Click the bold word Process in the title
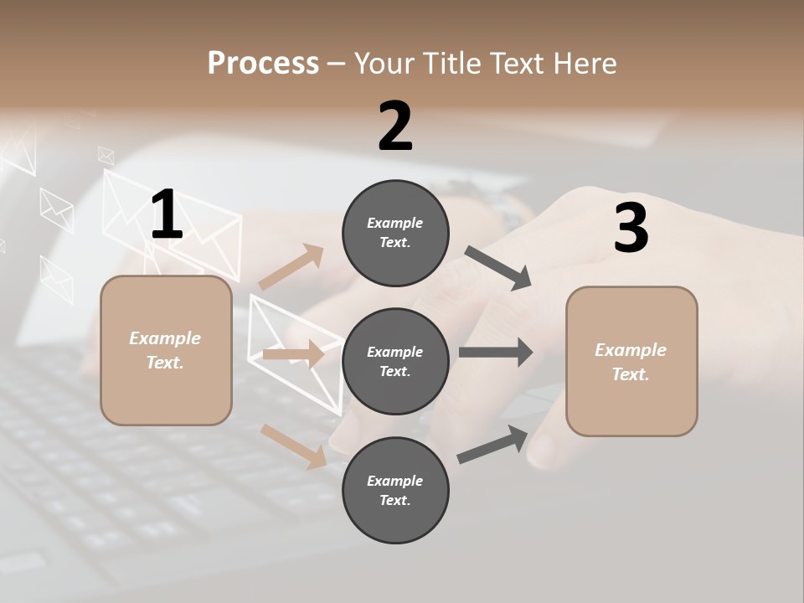click(x=263, y=63)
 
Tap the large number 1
click(x=167, y=215)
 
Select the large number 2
click(x=395, y=126)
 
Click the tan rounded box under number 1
click(x=166, y=350)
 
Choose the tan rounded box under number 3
click(x=631, y=362)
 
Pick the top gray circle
click(x=395, y=233)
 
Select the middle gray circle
click(x=395, y=361)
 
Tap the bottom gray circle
click(x=395, y=490)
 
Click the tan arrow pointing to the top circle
click(x=291, y=268)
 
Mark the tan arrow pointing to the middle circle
click(x=293, y=354)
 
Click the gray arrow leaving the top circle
click(x=498, y=268)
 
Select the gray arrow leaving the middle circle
click(x=495, y=352)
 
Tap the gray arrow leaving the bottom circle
click(x=492, y=445)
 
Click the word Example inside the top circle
click(x=395, y=223)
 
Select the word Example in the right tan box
click(x=631, y=350)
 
